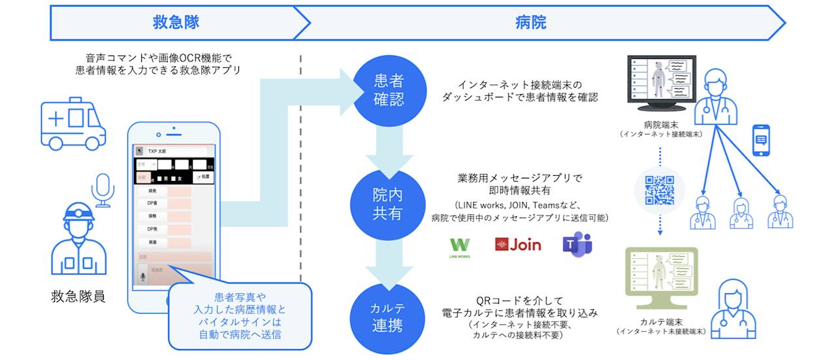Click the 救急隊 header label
[176, 23]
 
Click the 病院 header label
[530, 23]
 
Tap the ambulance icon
[72, 123]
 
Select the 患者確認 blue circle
[388, 90]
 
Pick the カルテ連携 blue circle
[388, 316]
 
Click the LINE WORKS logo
[460, 247]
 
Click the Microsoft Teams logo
[577, 245]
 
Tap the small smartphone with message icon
[761, 140]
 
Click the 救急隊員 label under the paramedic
[78, 297]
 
